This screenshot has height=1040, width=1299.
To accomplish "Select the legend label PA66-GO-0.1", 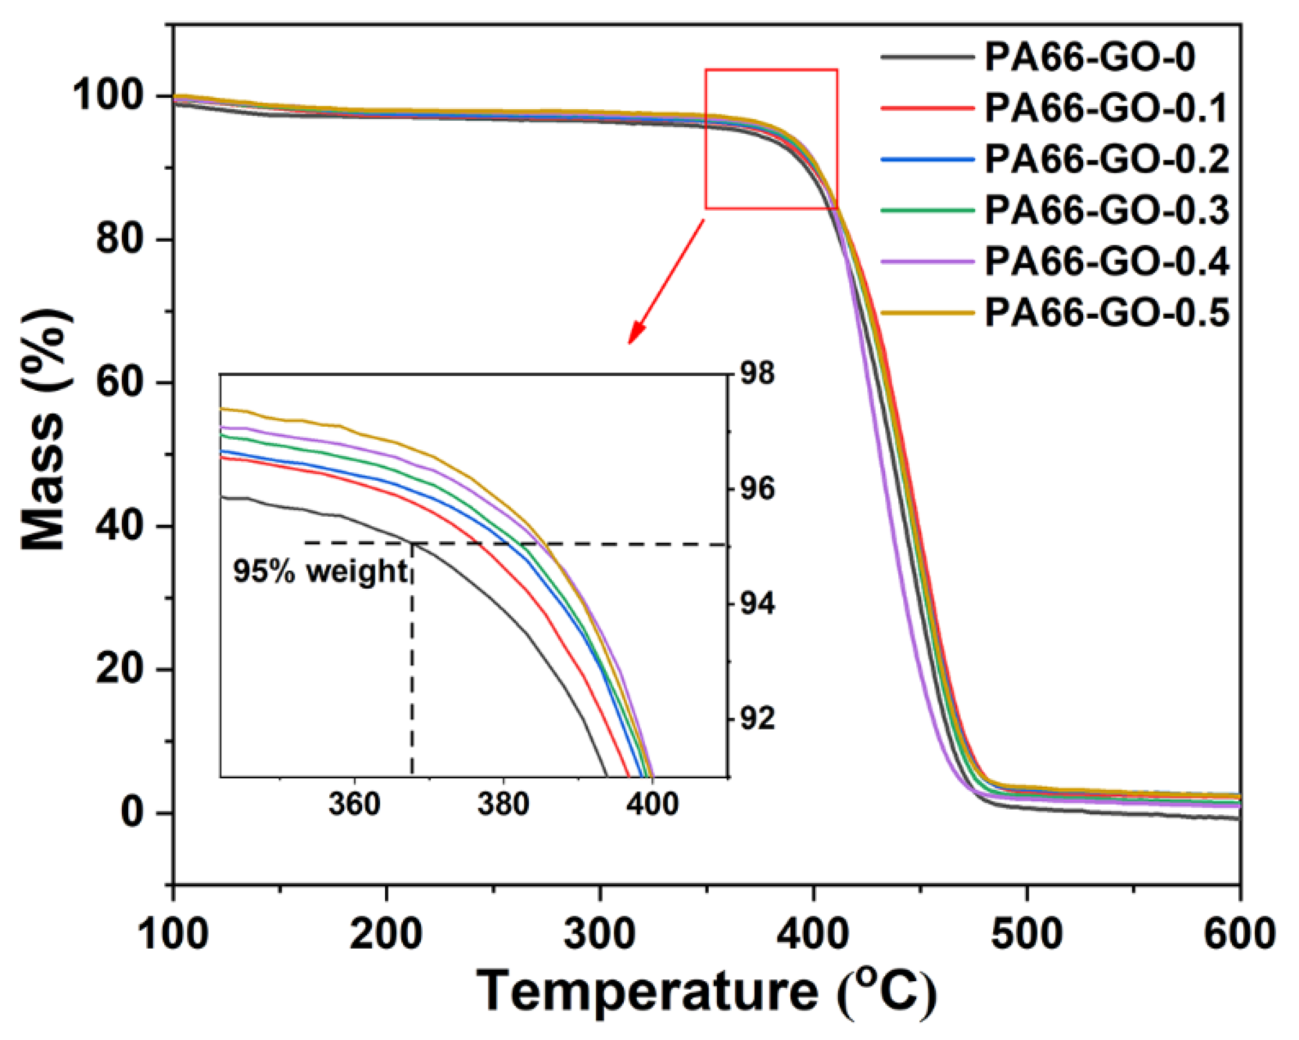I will click(1106, 109).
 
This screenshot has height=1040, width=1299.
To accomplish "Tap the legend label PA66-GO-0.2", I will click(1106, 160).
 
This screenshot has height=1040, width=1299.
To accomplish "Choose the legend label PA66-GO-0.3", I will click(1106, 211).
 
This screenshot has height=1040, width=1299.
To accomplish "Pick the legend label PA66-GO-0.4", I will click(1106, 262).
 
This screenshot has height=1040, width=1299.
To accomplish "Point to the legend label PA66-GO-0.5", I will click(1106, 313).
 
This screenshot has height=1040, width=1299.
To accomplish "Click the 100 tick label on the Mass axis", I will click(115, 97).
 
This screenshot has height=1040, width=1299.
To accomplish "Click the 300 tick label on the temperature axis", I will click(600, 934).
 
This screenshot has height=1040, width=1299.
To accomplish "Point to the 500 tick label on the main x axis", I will click(1027, 934).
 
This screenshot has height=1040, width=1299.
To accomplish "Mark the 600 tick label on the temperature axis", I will click(1239, 934).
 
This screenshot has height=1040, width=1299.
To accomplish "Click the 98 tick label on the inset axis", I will click(757, 374).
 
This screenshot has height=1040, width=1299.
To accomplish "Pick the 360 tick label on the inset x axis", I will click(354, 804).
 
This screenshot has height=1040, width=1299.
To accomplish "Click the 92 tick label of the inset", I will click(757, 719).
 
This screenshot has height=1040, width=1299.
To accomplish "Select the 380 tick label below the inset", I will click(503, 804).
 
